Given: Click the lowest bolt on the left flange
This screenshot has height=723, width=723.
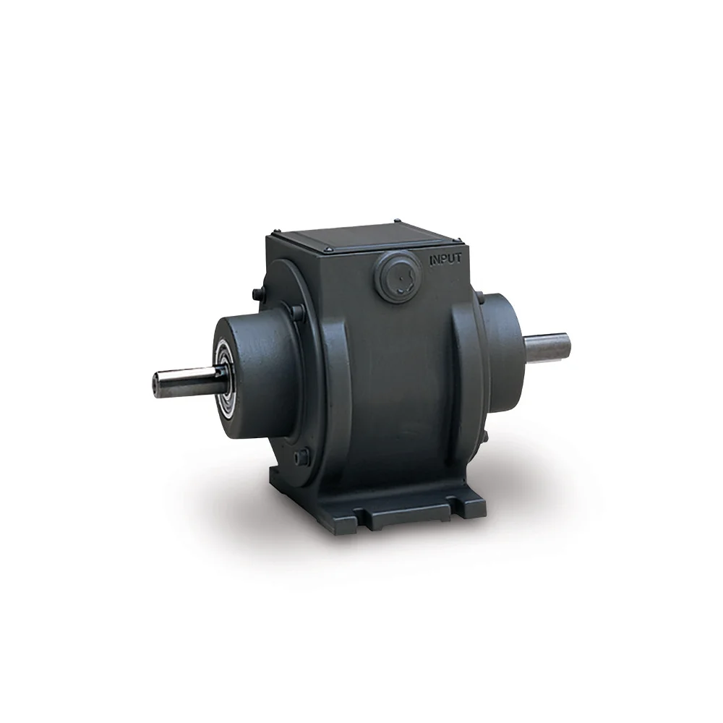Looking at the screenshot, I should point(301,457).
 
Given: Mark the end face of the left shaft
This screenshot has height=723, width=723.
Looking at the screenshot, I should point(155,381).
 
